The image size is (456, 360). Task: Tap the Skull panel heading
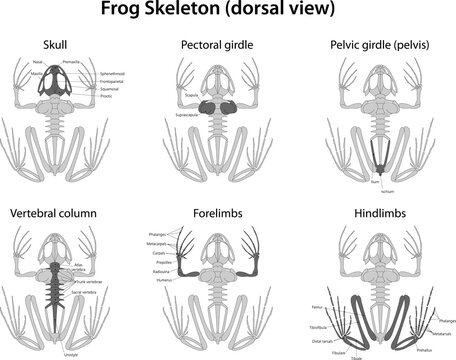(x=58, y=45)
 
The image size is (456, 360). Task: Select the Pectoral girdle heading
(x=217, y=45)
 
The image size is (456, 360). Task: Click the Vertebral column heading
(x=55, y=213)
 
